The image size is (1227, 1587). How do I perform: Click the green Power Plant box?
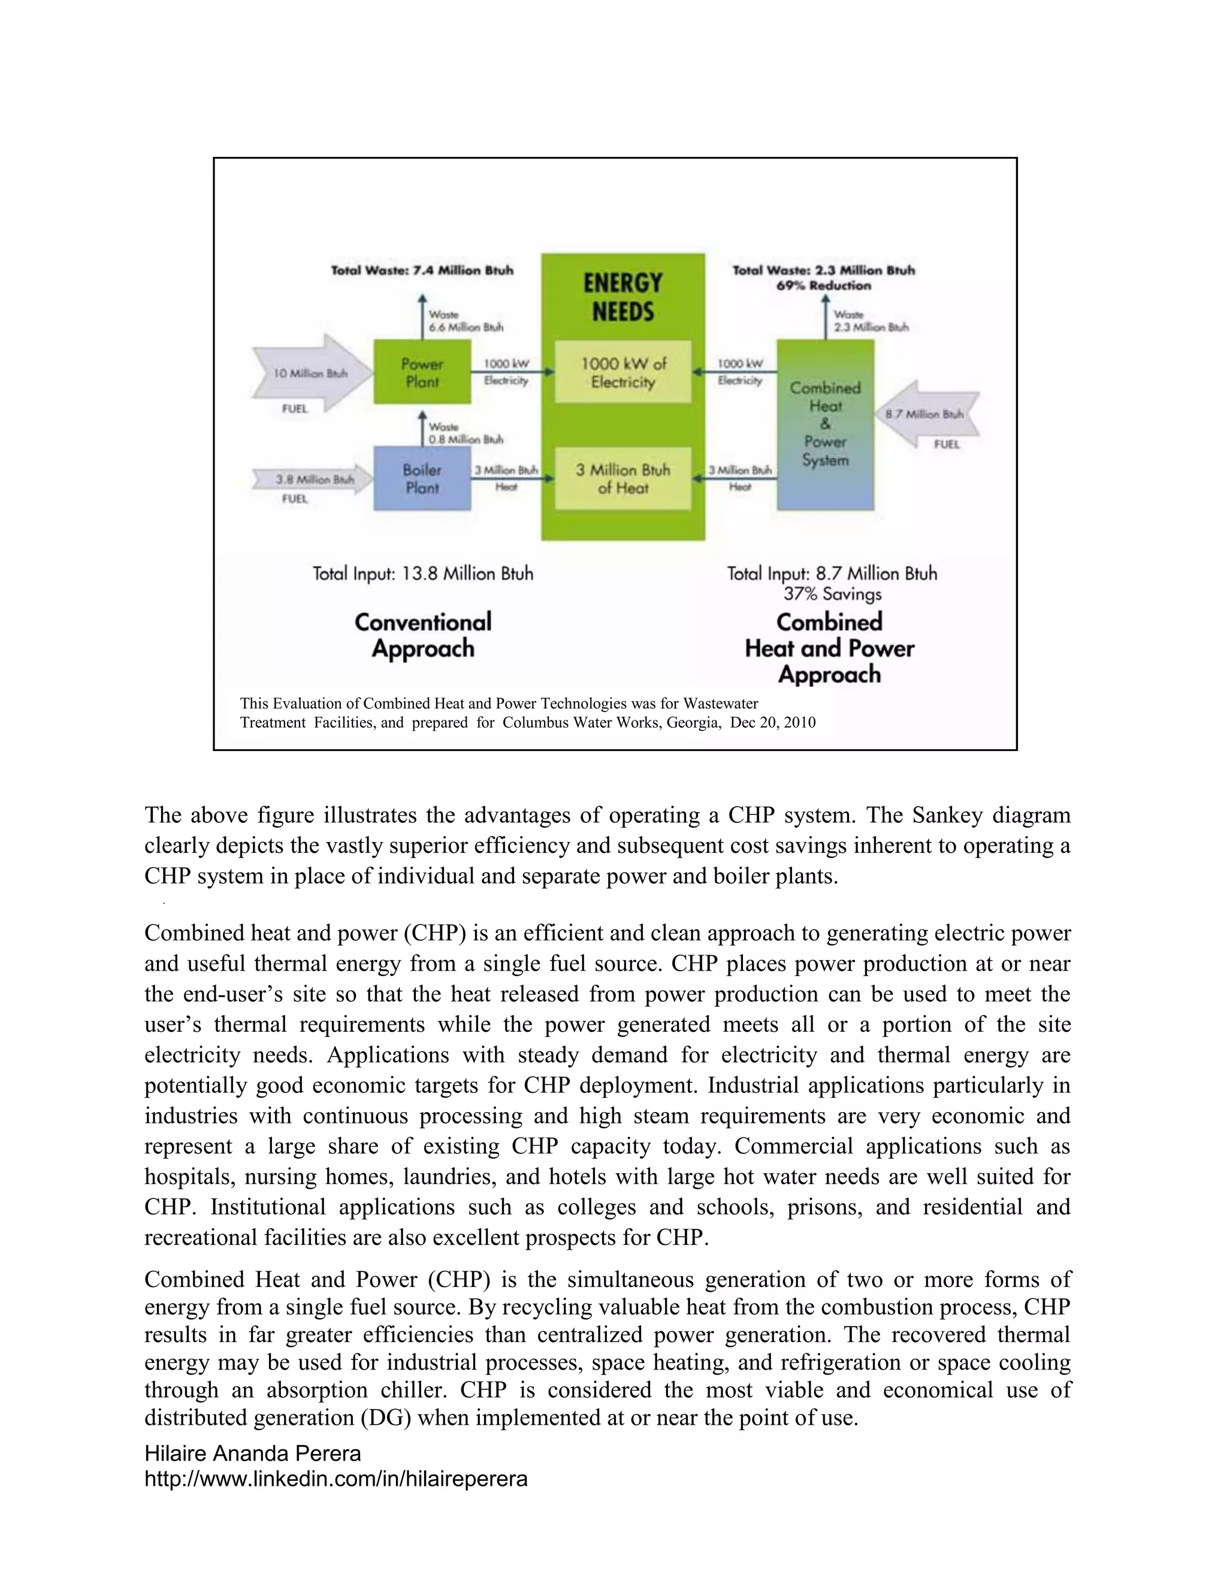click(422, 372)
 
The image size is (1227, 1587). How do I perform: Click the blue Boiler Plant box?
click(422, 478)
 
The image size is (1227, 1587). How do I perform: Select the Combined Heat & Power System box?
click(825, 425)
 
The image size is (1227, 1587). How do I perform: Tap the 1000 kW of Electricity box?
click(623, 372)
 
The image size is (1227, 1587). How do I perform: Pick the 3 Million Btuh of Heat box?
click(623, 478)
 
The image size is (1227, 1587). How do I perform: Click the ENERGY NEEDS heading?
click(623, 296)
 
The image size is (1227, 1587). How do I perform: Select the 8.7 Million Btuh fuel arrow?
click(927, 414)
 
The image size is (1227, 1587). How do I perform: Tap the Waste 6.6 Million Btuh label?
click(465, 321)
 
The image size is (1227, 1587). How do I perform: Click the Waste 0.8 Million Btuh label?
click(465, 433)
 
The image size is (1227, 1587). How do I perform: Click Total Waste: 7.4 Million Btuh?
click(422, 270)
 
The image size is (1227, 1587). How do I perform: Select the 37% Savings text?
click(832, 593)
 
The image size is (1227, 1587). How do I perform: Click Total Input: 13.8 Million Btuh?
click(423, 573)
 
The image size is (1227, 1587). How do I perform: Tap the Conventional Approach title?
click(423, 635)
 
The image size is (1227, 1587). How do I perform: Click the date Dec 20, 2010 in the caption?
click(773, 722)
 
